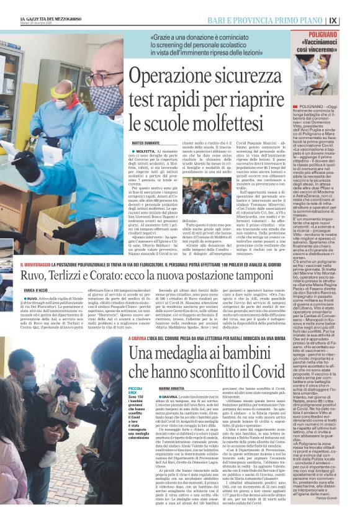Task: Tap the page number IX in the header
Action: [x=351, y=20]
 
